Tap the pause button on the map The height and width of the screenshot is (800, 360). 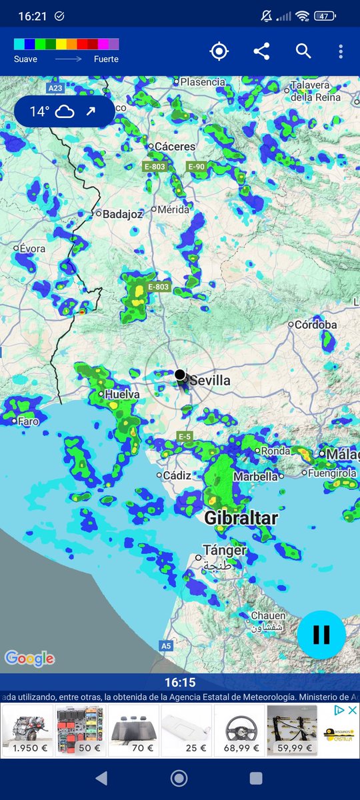point(321,634)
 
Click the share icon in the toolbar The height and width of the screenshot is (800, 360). point(261,51)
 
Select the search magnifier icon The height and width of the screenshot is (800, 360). point(303,51)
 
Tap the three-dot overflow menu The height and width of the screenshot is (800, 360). point(341,51)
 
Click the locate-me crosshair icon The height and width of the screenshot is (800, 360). point(219,51)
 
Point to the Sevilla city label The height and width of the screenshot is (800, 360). point(210,381)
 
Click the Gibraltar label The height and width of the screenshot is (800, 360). point(241,518)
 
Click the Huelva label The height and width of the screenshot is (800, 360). point(123,395)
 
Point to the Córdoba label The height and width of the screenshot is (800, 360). point(316,325)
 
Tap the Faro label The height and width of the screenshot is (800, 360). point(28,421)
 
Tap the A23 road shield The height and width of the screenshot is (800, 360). point(56,88)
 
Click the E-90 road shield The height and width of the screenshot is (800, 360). point(196,166)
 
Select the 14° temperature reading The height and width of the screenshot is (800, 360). point(39,111)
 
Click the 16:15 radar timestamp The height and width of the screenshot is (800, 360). point(180,683)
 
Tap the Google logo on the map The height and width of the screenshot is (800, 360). point(29,659)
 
